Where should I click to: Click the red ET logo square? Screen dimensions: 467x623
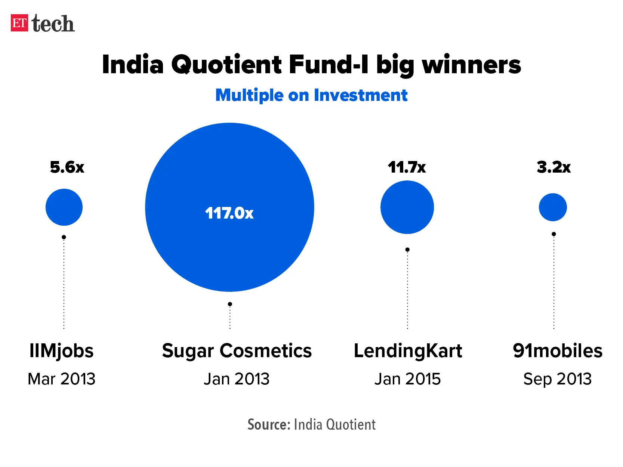(19, 23)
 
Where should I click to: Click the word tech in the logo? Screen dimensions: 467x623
(53, 24)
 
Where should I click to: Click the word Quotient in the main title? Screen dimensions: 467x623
(226, 65)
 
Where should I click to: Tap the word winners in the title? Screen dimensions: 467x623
(471, 65)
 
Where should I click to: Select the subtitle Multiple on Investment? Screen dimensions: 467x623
(311, 95)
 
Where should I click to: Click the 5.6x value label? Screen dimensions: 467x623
(67, 167)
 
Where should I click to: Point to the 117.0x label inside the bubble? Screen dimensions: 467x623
(229, 213)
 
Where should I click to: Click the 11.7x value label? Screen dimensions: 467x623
(407, 167)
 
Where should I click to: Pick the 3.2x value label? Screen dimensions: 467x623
(553, 167)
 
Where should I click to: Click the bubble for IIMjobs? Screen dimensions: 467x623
(64, 207)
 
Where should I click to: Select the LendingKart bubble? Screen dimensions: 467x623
(407, 207)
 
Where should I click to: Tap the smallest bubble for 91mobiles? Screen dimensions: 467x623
(553, 207)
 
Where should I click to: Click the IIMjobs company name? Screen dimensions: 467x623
(61, 351)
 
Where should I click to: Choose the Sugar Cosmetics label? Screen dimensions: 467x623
(237, 351)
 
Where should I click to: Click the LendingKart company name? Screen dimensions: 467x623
(408, 351)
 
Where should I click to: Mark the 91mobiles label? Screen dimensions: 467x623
(557, 351)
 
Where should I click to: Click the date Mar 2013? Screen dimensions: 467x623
(62, 379)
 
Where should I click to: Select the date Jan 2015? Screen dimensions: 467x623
(407, 379)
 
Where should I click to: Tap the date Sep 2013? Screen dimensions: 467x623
(557, 379)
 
